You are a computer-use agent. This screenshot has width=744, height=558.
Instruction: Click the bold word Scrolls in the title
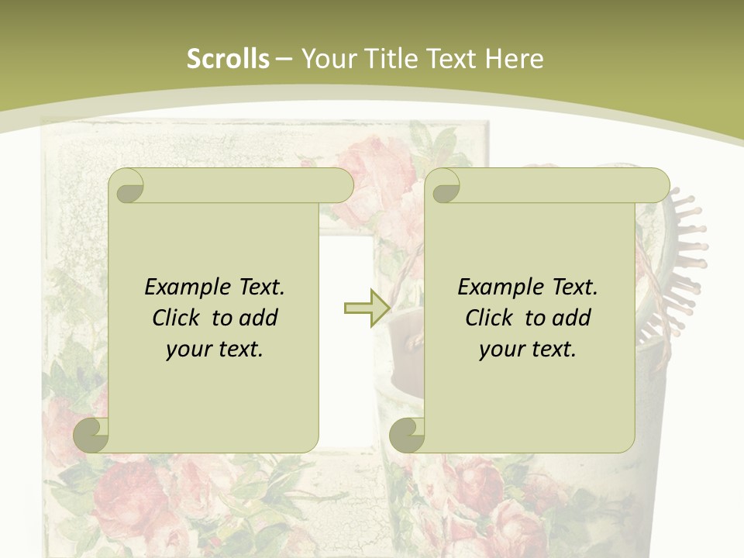[228, 59]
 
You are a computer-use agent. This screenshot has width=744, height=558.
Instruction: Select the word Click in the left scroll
[178, 318]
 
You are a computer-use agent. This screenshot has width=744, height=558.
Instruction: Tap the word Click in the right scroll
[491, 318]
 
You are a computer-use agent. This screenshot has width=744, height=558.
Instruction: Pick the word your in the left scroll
[187, 350]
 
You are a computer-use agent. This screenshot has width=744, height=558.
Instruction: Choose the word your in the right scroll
[500, 350]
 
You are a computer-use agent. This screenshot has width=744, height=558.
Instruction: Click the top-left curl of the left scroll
[126, 187]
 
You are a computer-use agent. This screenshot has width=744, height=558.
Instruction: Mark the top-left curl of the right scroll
[443, 187]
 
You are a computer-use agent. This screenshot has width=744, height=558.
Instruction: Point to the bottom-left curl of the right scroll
[407, 435]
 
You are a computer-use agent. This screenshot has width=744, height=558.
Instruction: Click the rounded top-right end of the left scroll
[341, 186]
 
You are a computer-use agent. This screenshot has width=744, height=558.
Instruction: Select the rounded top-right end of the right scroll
[657, 186]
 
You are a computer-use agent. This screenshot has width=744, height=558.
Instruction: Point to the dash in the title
[284, 59]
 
